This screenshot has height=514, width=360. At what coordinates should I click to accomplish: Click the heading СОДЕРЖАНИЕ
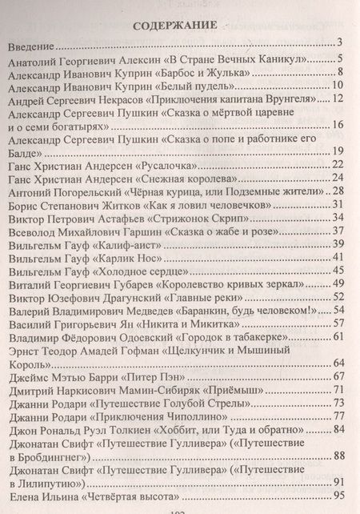[171, 23]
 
